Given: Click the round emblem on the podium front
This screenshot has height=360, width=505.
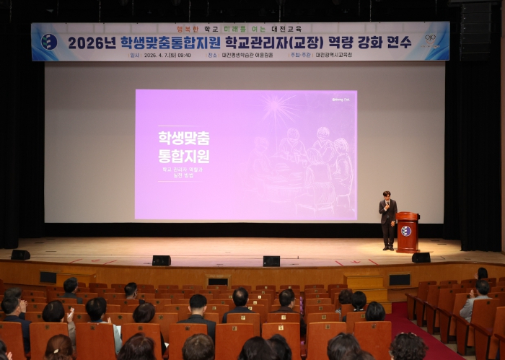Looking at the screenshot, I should pos(407,231).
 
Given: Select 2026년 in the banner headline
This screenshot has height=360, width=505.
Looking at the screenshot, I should pos(92,43).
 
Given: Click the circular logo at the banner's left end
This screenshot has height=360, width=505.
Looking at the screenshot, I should pos(49,42).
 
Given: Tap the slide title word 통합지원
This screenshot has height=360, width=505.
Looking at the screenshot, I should pos(184,156).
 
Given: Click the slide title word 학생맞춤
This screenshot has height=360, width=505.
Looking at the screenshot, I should pos(184,137).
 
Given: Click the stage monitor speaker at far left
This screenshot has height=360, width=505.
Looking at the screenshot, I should pos(20,255).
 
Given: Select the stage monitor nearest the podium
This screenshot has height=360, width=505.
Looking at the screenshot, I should pos(421,257).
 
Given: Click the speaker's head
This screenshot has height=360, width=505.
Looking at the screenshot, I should pos(387,196).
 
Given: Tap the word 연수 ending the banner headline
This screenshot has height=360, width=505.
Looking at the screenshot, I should pos(396,43).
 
